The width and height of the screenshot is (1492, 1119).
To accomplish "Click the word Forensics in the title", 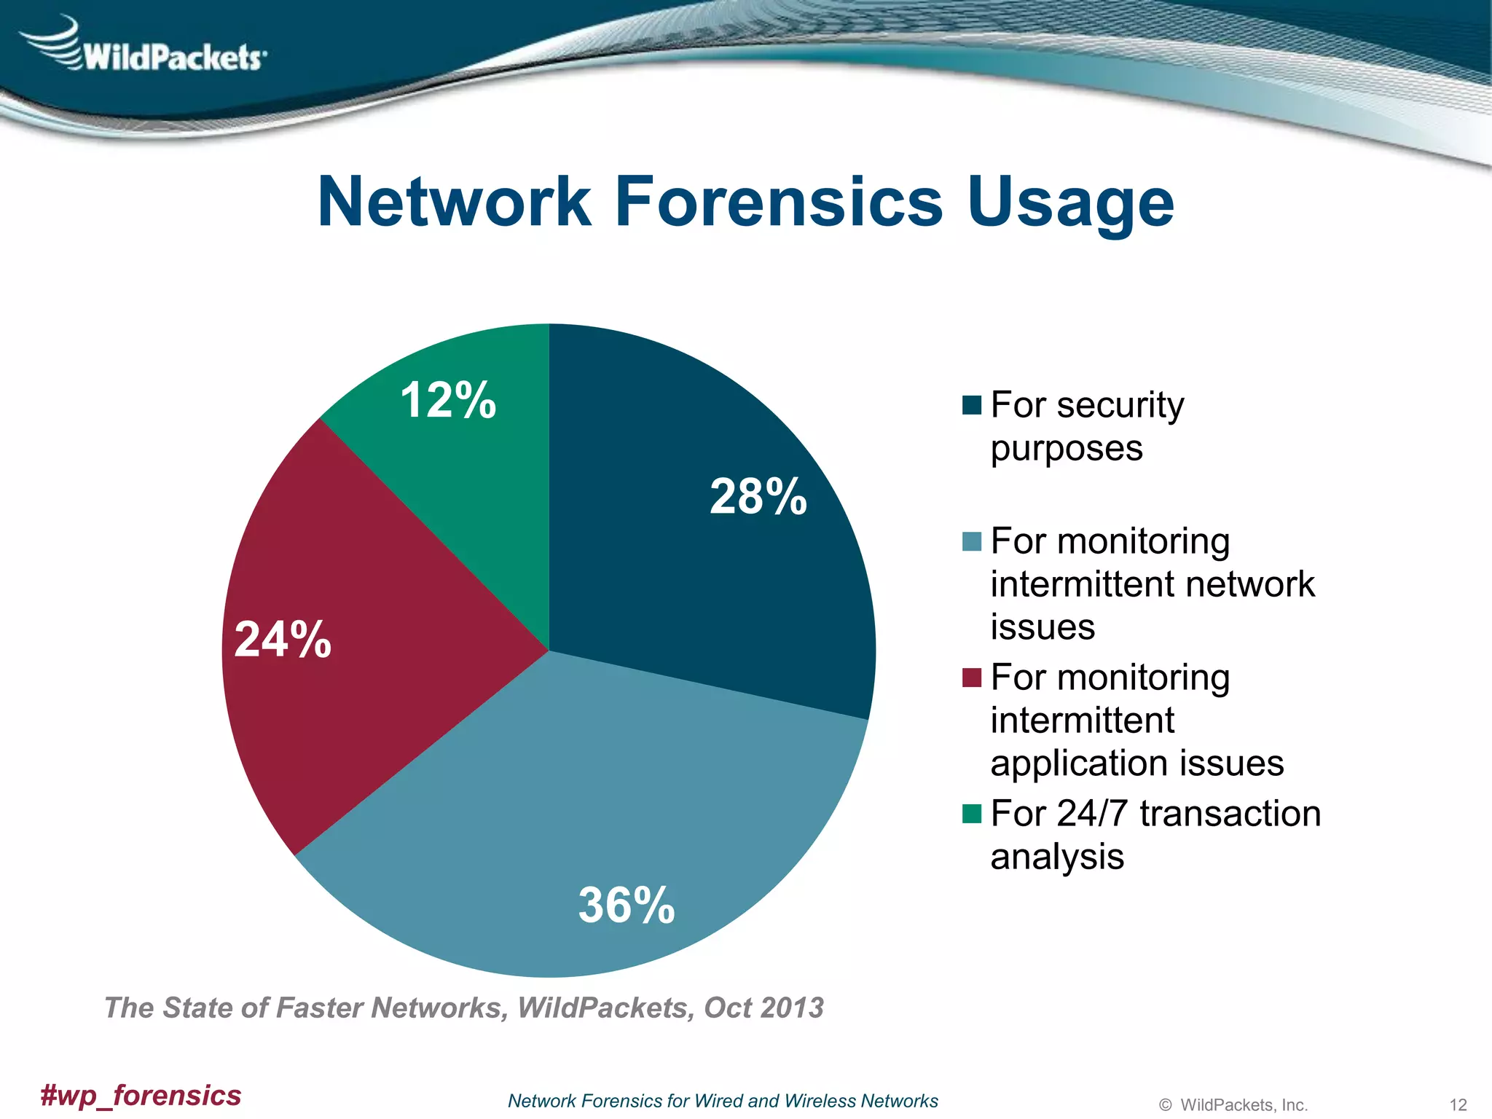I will [779, 202].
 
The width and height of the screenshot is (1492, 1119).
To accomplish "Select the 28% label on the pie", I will [758, 497].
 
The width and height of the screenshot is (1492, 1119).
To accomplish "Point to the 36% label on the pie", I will [627, 906].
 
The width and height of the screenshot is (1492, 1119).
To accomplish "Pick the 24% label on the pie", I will [283, 640].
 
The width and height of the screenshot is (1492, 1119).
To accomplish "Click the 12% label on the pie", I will [448, 400].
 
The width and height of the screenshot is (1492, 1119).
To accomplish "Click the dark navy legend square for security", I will [972, 405].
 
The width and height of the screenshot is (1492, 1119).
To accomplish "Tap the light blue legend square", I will [972, 542].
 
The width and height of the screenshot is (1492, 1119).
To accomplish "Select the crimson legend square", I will [972, 678].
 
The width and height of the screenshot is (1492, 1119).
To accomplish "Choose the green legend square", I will [972, 814].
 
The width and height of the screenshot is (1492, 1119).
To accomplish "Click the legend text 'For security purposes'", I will [1086, 426].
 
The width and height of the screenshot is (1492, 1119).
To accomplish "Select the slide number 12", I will [1458, 1104].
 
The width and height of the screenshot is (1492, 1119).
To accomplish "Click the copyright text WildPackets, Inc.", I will [1243, 1104].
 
